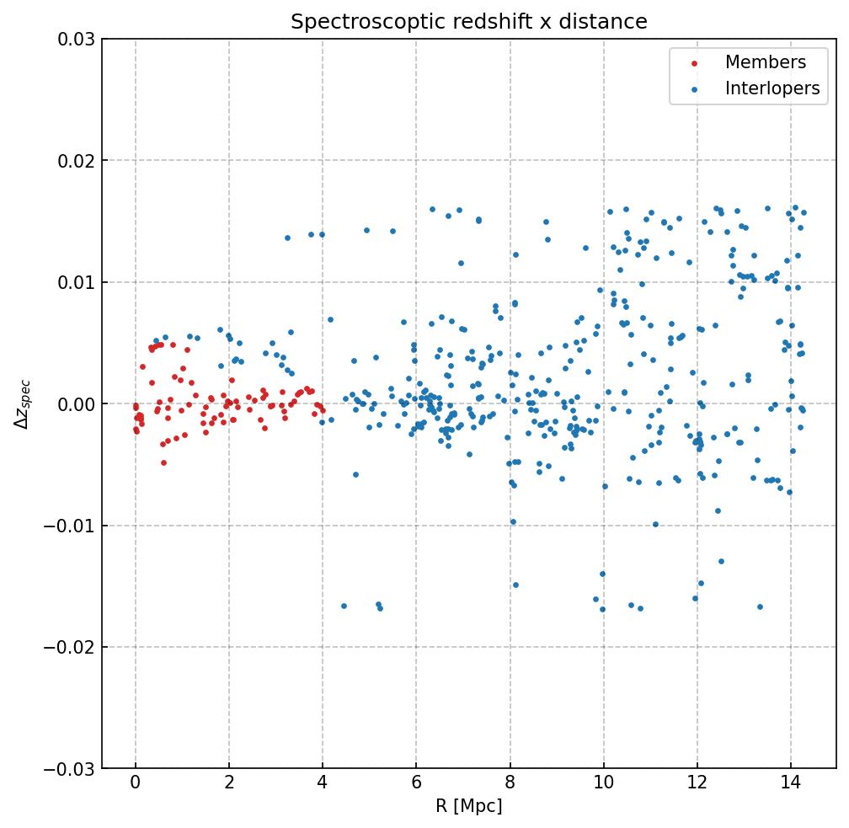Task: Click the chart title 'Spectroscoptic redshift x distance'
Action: [x=468, y=22]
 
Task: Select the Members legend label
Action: [x=765, y=62]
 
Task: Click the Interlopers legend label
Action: [x=772, y=88]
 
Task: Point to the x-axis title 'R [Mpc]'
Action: [x=468, y=806]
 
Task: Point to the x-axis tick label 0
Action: [x=136, y=784]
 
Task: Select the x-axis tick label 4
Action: [x=323, y=784]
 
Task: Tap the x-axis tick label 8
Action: [x=510, y=784]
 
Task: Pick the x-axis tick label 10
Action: [x=603, y=784]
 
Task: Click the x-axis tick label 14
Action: [x=790, y=784]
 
